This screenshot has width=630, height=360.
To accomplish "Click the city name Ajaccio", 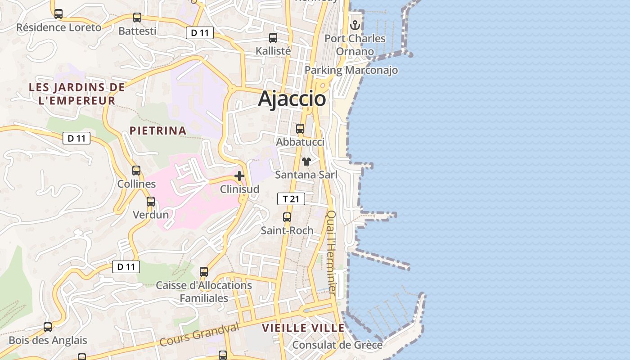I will (x=292, y=99).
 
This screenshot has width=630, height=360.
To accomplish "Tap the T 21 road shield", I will (x=291, y=199).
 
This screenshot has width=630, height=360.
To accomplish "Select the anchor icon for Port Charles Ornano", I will (x=355, y=25).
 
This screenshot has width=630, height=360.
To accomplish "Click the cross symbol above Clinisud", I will (x=239, y=176).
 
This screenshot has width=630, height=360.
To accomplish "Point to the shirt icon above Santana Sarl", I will (x=306, y=162).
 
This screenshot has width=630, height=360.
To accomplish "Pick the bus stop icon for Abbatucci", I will (x=300, y=129).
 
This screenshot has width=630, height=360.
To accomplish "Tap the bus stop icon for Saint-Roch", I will (x=287, y=217).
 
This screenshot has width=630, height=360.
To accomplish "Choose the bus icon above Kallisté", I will (x=273, y=38).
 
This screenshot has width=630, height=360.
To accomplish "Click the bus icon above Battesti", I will (x=137, y=18).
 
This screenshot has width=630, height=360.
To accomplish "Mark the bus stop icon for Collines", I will (x=136, y=171).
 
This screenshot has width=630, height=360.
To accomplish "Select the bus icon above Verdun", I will (x=151, y=202).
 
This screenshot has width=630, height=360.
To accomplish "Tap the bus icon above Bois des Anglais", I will (x=48, y=327).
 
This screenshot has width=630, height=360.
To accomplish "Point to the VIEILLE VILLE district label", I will (x=303, y=328).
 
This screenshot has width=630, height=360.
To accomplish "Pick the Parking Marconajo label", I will (x=351, y=70).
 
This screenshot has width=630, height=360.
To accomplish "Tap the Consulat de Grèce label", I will (x=337, y=345).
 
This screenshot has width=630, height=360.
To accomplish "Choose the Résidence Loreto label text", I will (x=59, y=27).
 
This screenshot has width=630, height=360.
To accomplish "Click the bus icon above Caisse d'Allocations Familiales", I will (x=204, y=272).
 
